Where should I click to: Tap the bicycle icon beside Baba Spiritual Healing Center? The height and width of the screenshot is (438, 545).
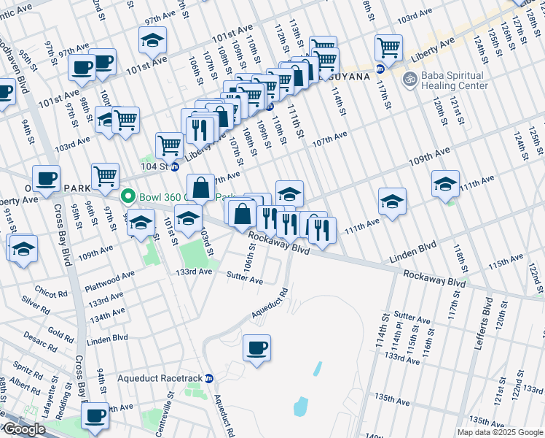(410, 76)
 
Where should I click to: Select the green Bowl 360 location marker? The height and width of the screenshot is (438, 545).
(128, 196)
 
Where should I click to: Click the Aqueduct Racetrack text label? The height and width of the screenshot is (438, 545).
(160, 378)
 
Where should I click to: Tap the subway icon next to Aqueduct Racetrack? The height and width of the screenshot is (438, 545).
(208, 378)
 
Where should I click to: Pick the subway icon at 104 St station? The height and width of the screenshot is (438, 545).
(175, 166)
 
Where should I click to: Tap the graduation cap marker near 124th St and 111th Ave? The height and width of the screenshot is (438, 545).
(445, 182)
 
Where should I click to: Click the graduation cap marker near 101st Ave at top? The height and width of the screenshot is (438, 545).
(152, 39)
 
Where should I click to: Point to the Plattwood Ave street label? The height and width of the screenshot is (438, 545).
(110, 276)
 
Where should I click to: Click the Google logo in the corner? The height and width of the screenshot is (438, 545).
(24, 429)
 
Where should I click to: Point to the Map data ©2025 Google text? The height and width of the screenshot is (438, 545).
(499, 432)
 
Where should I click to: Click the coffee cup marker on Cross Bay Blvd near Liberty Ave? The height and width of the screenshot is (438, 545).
(47, 178)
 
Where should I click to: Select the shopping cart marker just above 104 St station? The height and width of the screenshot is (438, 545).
(169, 144)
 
